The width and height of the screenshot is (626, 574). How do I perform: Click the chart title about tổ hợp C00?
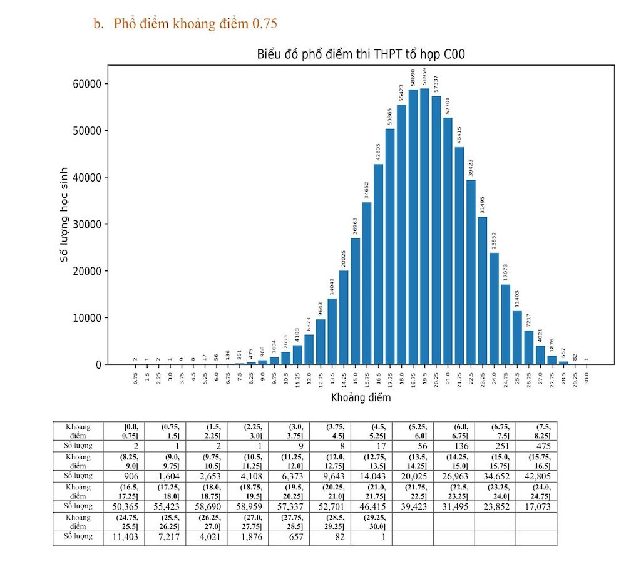361,55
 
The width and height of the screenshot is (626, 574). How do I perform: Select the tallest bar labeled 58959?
424,226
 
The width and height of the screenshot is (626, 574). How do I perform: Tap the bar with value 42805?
378,264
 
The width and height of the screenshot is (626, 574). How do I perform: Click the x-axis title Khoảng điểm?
361,397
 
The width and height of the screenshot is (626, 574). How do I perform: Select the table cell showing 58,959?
247,506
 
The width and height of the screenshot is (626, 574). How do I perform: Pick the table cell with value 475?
536,446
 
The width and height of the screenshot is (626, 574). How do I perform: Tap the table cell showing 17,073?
536,506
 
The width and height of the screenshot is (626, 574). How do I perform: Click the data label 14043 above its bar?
332,286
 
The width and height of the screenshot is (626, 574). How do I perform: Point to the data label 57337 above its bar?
436,83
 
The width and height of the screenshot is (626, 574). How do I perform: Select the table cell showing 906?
124,476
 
